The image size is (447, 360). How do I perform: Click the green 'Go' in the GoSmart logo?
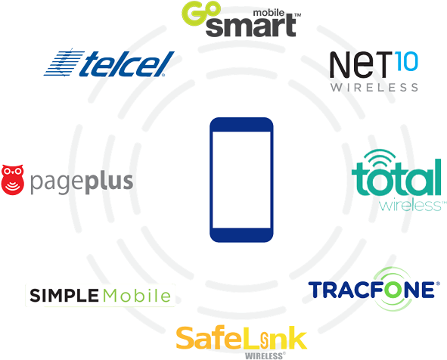tap(201, 13)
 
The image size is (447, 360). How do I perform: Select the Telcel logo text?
tap(127, 64)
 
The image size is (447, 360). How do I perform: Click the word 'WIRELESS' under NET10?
tap(374, 87)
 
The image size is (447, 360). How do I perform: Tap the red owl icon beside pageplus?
tap(13, 179)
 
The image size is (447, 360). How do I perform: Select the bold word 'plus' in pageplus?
tap(109, 182)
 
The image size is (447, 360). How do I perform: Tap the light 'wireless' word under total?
tap(410, 205)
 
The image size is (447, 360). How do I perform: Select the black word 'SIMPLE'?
tap(64, 295)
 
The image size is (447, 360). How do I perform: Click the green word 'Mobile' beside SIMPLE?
tap(137, 295)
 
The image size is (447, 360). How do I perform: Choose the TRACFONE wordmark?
tap(371, 290)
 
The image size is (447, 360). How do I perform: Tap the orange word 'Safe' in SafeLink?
tap(209, 338)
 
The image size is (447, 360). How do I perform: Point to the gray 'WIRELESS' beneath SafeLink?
tap(264, 356)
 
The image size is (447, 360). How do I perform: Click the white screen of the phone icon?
tap(241, 180)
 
